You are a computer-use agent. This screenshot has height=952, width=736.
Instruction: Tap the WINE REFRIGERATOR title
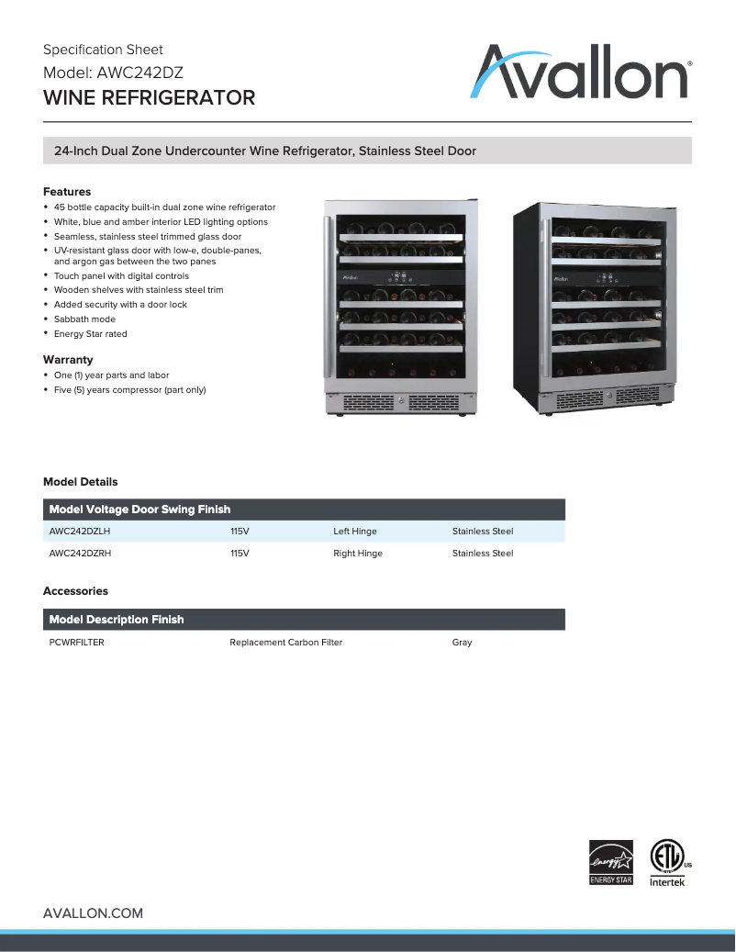[149, 97]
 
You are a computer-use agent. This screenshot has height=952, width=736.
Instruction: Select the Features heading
[67, 192]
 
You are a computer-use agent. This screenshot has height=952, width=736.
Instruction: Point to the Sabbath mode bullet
[84, 319]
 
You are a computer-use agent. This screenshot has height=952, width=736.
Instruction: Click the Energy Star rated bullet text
[90, 333]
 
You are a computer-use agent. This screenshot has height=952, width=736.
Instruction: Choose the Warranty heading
[68, 360]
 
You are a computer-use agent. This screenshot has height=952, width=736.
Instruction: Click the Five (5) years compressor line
[129, 389]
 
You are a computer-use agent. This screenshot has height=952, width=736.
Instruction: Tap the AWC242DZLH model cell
[80, 531]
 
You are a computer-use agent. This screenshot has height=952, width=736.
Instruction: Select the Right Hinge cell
[357, 554]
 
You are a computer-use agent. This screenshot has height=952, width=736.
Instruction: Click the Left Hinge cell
[354, 531]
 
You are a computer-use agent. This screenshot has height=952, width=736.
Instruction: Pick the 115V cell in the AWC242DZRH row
[240, 554]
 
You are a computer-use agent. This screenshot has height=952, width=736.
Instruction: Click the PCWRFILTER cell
[76, 643]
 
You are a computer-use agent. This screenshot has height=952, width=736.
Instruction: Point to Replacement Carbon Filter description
[285, 643]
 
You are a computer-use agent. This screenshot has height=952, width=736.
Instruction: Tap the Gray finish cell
[462, 643]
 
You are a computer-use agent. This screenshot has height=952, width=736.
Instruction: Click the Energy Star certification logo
[610, 862]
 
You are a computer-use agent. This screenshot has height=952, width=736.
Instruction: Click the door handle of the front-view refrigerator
[326, 298]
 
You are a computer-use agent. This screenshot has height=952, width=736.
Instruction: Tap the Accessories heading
[75, 591]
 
